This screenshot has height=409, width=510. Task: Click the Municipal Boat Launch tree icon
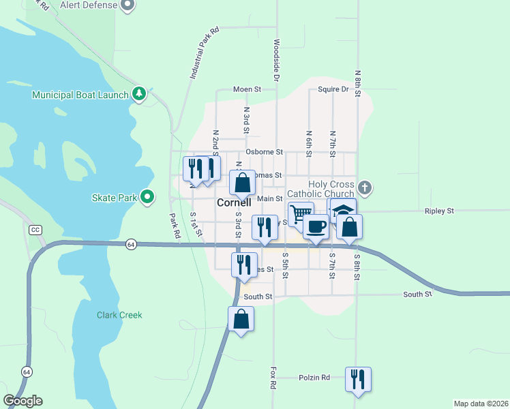[140, 93]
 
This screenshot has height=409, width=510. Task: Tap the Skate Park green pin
[147, 198]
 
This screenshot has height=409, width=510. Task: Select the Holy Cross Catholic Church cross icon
[365, 187]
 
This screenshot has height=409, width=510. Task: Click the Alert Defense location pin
[127, 5]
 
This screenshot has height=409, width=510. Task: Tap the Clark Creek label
[119, 315]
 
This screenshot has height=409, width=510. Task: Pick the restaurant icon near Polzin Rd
[358, 379]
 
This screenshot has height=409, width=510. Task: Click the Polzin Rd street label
[314, 377]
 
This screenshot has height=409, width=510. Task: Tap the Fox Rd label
[273, 378]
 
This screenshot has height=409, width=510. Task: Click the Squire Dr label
[333, 89]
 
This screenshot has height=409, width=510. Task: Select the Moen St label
[247, 89]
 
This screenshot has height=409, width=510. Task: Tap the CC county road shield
[35, 230]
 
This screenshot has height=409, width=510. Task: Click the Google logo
[23, 401]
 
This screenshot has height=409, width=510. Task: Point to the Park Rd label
[175, 226]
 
